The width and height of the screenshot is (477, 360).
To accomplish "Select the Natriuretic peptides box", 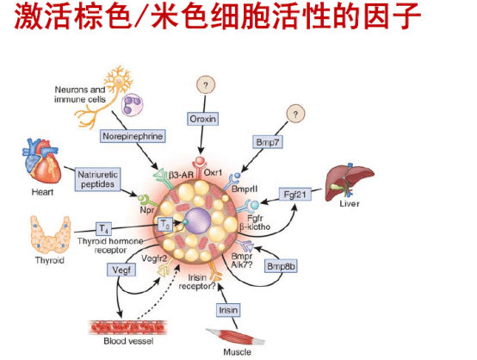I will click(96, 178).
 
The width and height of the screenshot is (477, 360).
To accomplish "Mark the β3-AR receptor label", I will click(172, 173).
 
